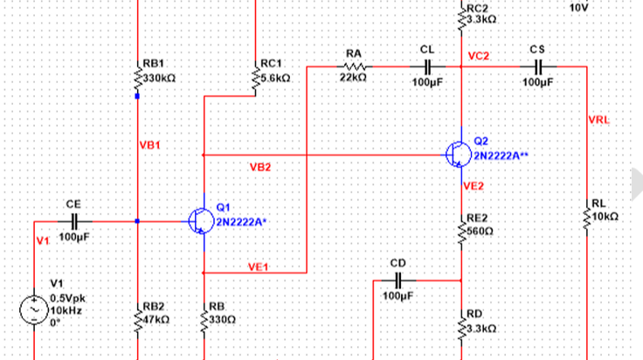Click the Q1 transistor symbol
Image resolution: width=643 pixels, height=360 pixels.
[201, 221]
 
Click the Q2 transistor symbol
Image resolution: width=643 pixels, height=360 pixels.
[458, 155]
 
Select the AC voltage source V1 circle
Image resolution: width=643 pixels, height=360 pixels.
[34, 310]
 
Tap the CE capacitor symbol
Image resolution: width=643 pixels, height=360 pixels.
[74, 221]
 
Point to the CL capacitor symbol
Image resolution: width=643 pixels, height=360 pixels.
[427, 66]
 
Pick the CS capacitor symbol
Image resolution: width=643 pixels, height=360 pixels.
[538, 66]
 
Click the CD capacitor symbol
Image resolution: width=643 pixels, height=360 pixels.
[398, 280]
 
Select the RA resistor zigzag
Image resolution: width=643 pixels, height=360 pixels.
[355, 66]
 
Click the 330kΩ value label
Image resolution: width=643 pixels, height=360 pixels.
[159, 78]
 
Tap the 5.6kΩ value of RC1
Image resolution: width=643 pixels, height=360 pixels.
[275, 78]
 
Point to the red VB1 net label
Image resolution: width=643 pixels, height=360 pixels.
[149, 145]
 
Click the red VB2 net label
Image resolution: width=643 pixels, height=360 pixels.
[260, 167]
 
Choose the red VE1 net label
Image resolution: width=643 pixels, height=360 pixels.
[258, 267]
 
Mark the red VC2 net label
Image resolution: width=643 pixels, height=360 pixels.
[478, 56]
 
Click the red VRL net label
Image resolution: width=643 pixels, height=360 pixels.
[598, 120]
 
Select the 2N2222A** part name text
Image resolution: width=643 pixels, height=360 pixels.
[501, 156]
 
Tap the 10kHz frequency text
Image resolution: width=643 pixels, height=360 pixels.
[66, 310]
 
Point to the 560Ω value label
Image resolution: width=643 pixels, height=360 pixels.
[480, 232]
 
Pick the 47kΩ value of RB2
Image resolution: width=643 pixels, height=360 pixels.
[156, 320]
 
